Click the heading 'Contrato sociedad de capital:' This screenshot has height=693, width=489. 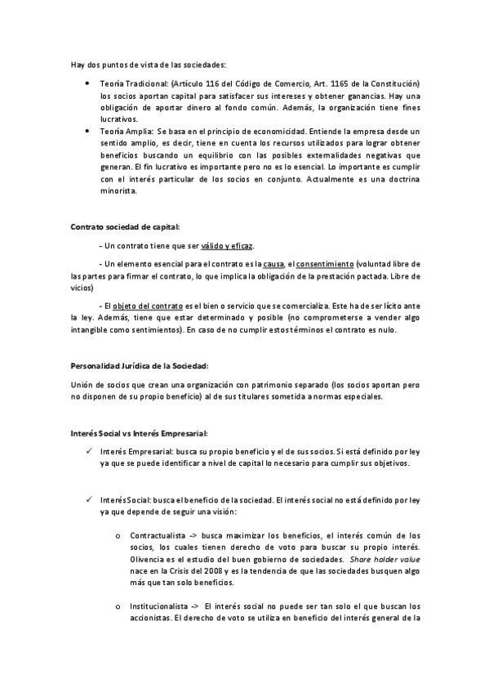tap(125, 226)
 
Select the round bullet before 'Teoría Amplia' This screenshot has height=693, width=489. tap(87, 132)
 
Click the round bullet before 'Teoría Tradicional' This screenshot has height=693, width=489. tap(87, 85)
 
